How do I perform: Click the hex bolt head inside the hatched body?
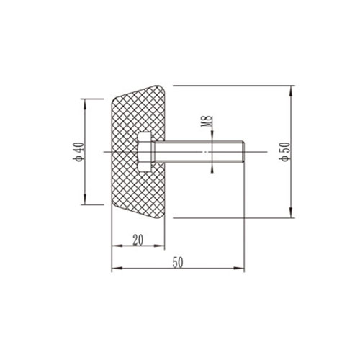[145, 152]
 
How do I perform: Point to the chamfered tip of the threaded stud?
[244, 152]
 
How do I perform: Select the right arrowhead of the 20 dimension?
[162, 246]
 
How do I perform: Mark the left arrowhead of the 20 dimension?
[115, 246]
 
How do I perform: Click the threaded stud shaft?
[194, 152]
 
